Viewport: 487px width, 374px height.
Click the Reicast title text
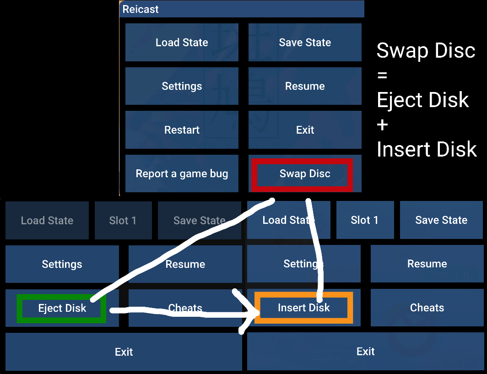coord(141,9)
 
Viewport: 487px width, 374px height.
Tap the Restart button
coord(182,130)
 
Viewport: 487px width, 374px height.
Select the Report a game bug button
coord(182,174)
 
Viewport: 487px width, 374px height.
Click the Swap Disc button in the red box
coord(305,174)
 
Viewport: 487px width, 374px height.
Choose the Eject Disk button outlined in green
coord(62,308)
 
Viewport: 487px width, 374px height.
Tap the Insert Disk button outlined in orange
coord(303,308)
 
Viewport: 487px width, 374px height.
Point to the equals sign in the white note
coord(382,75)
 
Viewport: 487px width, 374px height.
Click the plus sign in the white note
coord(383,125)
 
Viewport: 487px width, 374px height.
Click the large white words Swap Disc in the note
coord(426,50)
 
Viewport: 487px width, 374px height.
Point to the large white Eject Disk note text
coord(422,100)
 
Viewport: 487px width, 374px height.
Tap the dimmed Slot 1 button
coord(123,221)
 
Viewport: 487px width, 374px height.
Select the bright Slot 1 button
coord(364,220)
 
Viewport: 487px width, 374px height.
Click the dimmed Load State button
coord(47,221)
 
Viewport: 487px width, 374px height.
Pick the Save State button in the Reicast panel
coord(305,43)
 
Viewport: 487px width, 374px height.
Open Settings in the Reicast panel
coord(182,86)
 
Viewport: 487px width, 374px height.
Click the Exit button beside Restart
coord(305,130)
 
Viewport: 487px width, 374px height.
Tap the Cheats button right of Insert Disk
coord(427,308)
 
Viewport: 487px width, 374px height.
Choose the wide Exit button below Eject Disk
coord(124,352)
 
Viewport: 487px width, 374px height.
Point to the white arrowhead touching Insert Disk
coord(249,312)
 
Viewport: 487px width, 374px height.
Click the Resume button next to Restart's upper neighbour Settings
coord(305,86)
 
